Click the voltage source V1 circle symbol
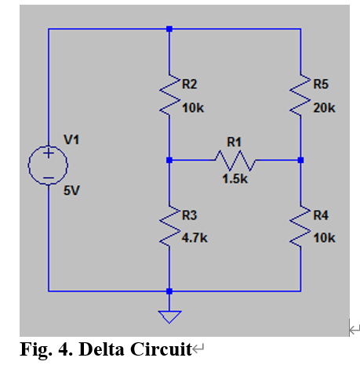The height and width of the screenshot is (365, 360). [48, 165]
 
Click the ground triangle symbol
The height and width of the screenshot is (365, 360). [169, 316]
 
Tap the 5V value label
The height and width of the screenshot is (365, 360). [72, 190]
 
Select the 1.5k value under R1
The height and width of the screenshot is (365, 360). [235, 179]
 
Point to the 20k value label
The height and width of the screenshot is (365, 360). [324, 108]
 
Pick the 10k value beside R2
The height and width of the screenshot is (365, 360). [192, 108]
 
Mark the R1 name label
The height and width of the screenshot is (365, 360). [235, 142]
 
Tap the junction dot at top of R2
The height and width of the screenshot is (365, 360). [169, 29]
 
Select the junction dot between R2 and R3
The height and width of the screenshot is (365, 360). [169, 160]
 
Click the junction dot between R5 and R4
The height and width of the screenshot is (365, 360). [300, 160]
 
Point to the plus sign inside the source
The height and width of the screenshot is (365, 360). [48, 154]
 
